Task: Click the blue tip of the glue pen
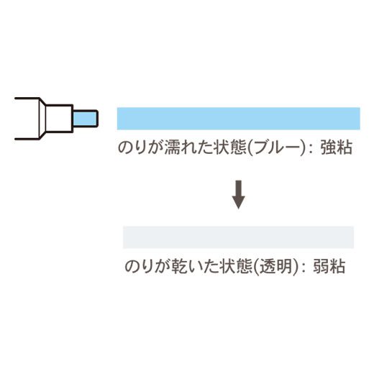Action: [85, 119]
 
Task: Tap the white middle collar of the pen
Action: [59, 119]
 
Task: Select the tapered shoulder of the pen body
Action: [42, 119]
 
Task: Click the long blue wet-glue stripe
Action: [239, 119]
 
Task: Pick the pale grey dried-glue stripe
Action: [239, 237]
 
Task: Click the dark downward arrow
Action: [239, 194]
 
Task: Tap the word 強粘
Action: [337, 147]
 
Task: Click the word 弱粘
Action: [329, 266]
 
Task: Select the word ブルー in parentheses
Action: [275, 147]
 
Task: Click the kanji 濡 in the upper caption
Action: [173, 147]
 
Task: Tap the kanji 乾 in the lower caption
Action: [180, 266]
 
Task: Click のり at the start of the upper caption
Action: [132, 147]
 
